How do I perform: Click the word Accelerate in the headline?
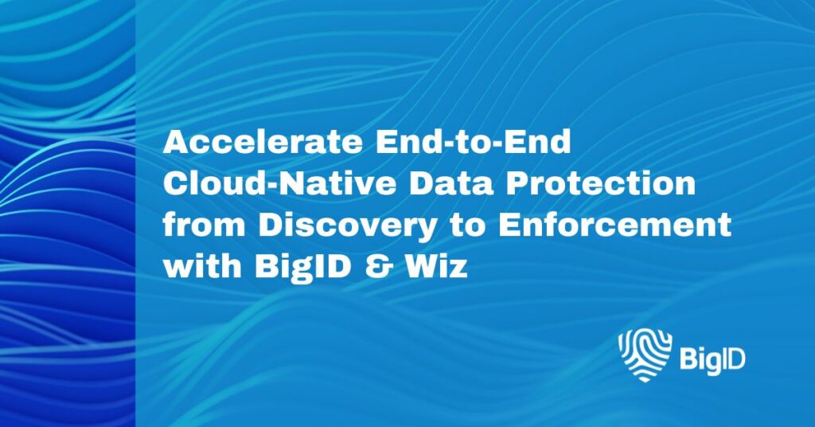(263, 142)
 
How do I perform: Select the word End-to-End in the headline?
(473, 142)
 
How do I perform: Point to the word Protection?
(601, 183)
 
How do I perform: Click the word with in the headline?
(202, 266)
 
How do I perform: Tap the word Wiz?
(436, 266)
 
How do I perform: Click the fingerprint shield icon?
(645, 355)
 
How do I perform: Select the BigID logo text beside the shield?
(712, 358)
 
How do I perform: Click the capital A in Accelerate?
(177, 142)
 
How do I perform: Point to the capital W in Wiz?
(422, 266)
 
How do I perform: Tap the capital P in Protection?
(518, 183)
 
